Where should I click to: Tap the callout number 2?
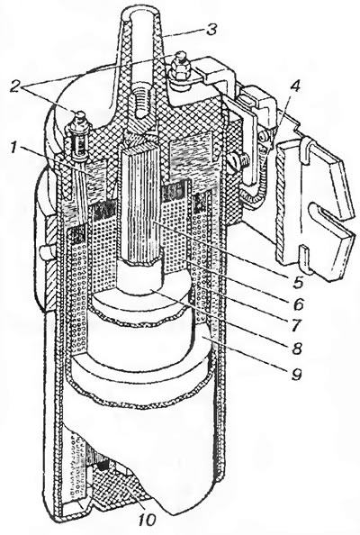tap(15, 86)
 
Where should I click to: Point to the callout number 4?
tap(295, 87)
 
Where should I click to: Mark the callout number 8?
tap(296, 348)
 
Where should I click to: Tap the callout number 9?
tap(296, 374)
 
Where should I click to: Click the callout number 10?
tap(148, 520)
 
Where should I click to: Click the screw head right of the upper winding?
tap(236, 159)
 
